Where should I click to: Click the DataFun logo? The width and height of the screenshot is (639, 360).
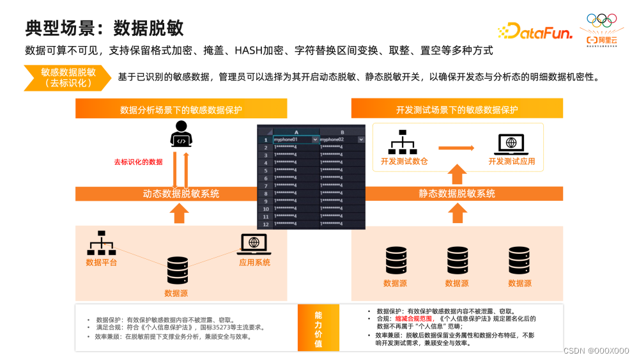(534, 31)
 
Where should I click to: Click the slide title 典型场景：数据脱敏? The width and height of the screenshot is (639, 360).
(105, 27)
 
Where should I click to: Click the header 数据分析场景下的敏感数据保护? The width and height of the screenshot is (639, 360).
(181, 109)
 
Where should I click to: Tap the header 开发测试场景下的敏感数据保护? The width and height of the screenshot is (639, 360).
(457, 109)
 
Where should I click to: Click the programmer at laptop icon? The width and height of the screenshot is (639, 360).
(181, 135)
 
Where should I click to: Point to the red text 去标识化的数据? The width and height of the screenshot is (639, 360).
(138, 162)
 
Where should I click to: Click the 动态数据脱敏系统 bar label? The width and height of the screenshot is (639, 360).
(181, 194)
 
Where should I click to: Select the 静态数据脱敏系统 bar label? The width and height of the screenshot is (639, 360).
(457, 194)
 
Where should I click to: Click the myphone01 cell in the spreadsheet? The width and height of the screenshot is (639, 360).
(291, 139)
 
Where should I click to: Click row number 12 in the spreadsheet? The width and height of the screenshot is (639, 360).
(266, 224)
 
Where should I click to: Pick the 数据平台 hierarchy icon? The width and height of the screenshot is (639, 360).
(101, 244)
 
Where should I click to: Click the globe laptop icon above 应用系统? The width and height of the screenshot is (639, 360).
(254, 244)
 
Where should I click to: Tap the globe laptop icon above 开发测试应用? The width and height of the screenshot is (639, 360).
(512, 144)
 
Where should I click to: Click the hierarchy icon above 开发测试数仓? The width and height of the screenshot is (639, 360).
(404, 143)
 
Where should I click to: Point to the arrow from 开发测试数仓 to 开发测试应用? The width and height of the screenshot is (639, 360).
(456, 148)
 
